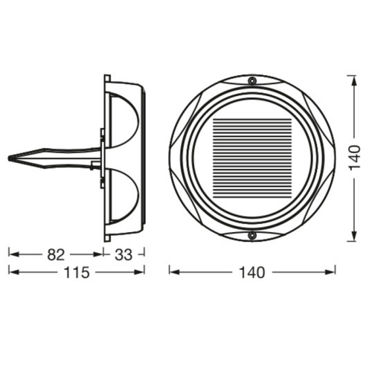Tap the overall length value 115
[x=76, y=272]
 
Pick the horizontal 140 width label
[x=252, y=272]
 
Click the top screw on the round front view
[x=252, y=80]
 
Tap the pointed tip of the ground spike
[x=10, y=158]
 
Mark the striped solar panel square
[x=252, y=158]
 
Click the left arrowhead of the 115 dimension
[x=11, y=272]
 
